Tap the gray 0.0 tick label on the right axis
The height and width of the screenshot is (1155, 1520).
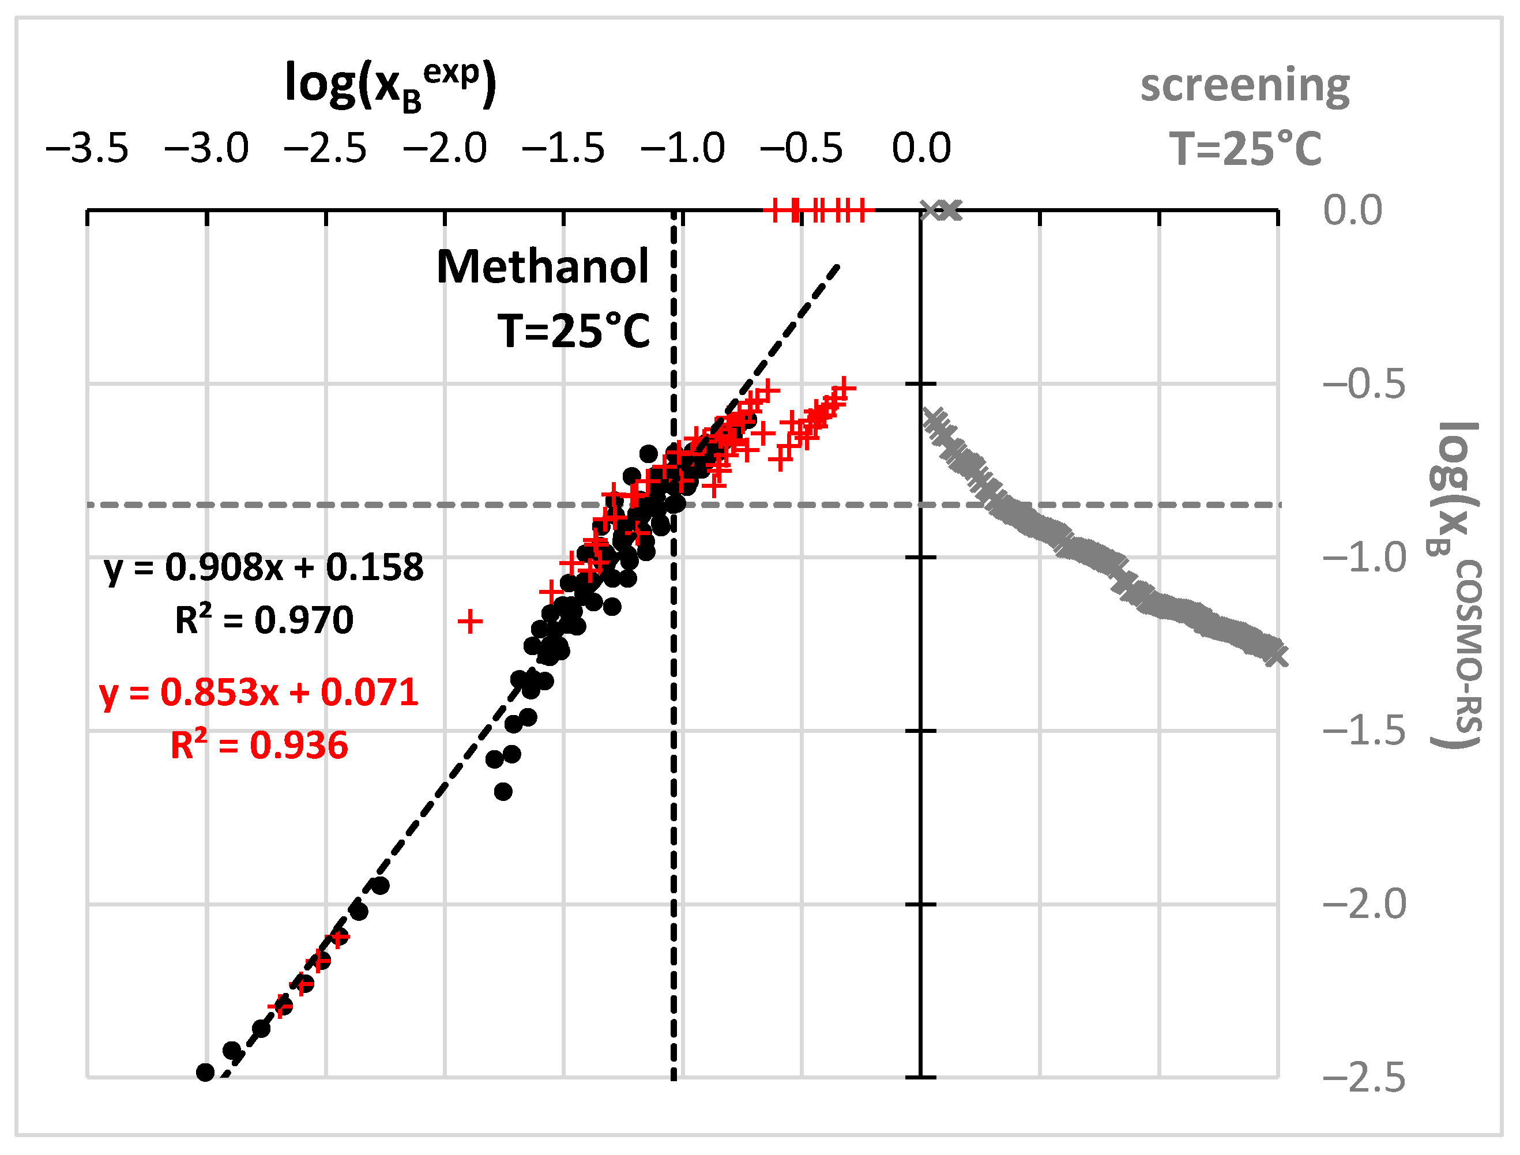(x=1352, y=210)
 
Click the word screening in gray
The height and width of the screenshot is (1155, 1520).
(x=1245, y=85)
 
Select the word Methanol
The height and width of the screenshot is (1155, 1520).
(x=543, y=267)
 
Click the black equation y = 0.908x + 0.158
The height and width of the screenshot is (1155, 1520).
(x=264, y=567)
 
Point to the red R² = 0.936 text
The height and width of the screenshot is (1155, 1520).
(x=259, y=745)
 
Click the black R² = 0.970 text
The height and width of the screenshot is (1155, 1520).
(x=264, y=620)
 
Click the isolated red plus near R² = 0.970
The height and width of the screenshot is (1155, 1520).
(x=470, y=622)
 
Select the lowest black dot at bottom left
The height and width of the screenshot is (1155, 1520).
(x=205, y=1072)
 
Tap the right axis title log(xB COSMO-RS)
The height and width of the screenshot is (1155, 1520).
(x=1457, y=584)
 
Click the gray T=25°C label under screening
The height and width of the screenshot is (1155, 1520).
(x=1245, y=149)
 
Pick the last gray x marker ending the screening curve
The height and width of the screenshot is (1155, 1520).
(x=1276, y=655)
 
